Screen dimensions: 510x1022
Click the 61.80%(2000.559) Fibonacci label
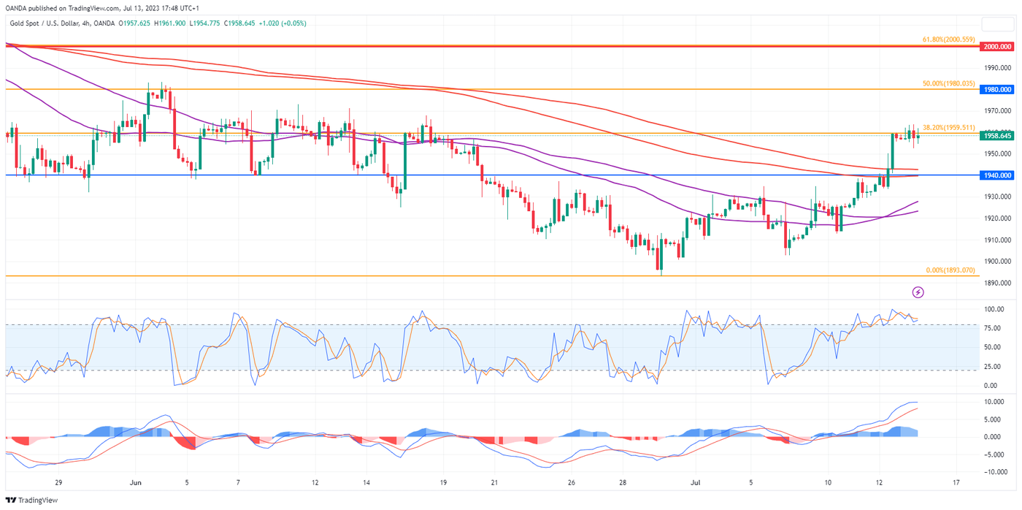tap(948, 39)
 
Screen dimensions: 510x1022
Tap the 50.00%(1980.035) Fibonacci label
tap(948, 83)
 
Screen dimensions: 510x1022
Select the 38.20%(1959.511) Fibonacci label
tap(948, 127)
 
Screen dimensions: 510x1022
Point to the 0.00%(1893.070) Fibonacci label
tap(949, 270)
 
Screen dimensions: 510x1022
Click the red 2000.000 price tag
tap(997, 46)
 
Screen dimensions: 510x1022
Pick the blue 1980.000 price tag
tap(997, 89)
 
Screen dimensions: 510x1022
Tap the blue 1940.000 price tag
tap(997, 175)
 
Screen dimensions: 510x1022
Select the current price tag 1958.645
tap(997, 136)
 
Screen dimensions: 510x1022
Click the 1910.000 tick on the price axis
tap(996, 240)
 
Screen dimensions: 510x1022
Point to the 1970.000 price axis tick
tap(996, 111)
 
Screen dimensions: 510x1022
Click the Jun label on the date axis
tap(134, 483)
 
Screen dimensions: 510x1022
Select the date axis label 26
tap(571, 483)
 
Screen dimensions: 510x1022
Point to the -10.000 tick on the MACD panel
tap(993, 472)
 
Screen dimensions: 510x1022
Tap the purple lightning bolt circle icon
tap(918, 292)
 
